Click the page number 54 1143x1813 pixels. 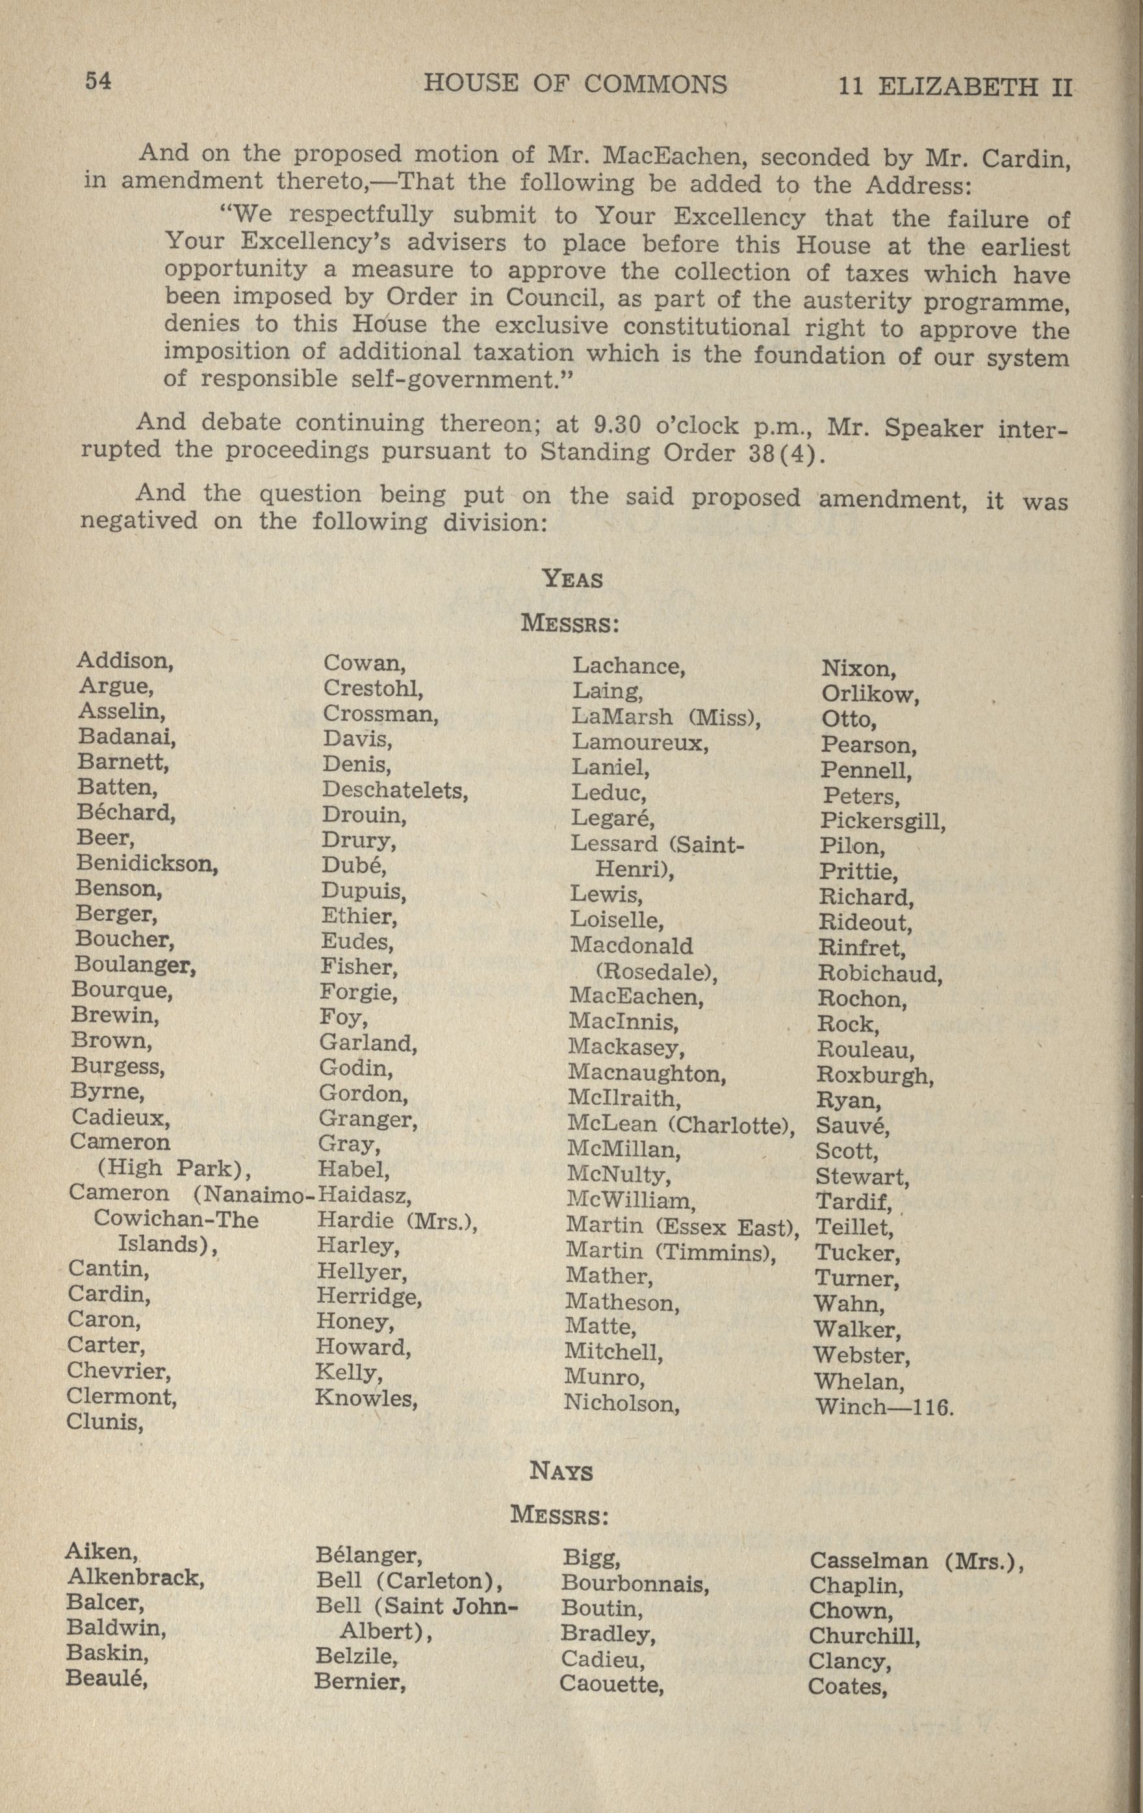coord(99,81)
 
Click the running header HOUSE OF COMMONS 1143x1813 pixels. coord(576,84)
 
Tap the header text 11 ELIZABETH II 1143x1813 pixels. coord(954,86)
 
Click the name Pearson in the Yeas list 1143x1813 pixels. coord(867,745)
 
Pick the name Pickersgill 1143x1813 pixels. coord(882,821)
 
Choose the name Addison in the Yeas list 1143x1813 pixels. coord(125,661)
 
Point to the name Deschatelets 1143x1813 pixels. coord(395,790)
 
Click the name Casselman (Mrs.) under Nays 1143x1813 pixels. coord(916,1561)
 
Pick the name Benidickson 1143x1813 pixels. coord(147,864)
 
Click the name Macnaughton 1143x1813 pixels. coord(647,1073)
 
